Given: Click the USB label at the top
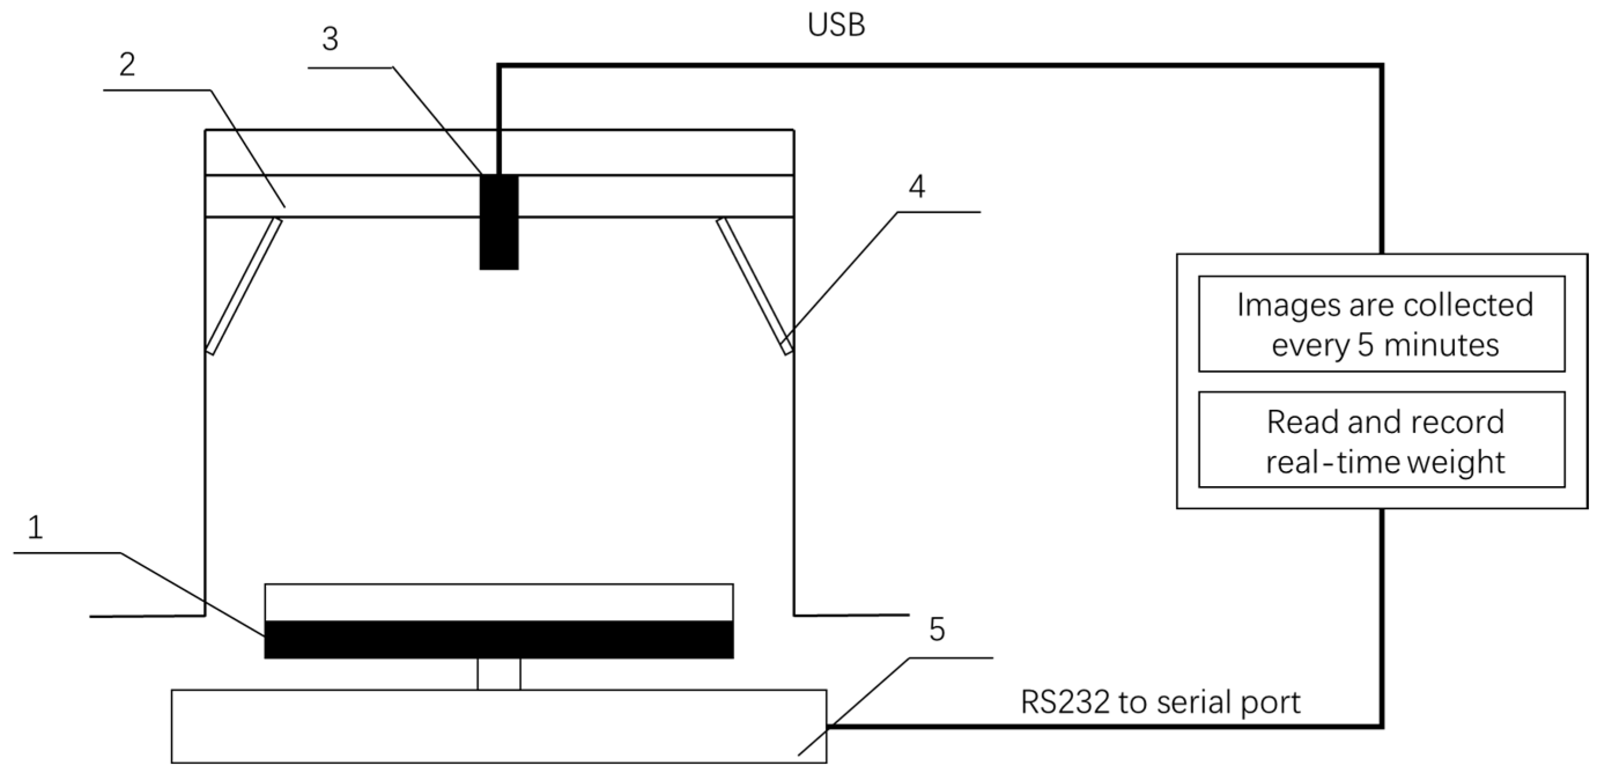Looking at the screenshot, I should coord(835,26).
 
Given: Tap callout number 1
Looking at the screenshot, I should coord(35,527).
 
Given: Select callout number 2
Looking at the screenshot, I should coord(127,65).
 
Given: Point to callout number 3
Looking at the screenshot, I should coord(330,40).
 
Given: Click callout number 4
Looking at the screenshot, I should coord(916,186).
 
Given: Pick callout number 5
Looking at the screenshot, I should coord(936,629).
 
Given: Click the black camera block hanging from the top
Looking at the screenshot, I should coord(499,222).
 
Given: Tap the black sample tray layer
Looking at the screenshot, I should coord(499,639).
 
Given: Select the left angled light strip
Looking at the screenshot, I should coord(244,286).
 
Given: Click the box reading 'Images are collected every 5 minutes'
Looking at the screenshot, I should coord(1382,324).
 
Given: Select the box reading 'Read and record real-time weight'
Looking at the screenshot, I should coord(1382,440).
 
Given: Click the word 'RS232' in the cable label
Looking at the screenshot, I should coord(1065,702).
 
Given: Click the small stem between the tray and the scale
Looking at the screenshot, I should coord(499,674).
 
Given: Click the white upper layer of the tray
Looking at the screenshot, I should coord(499,602).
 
